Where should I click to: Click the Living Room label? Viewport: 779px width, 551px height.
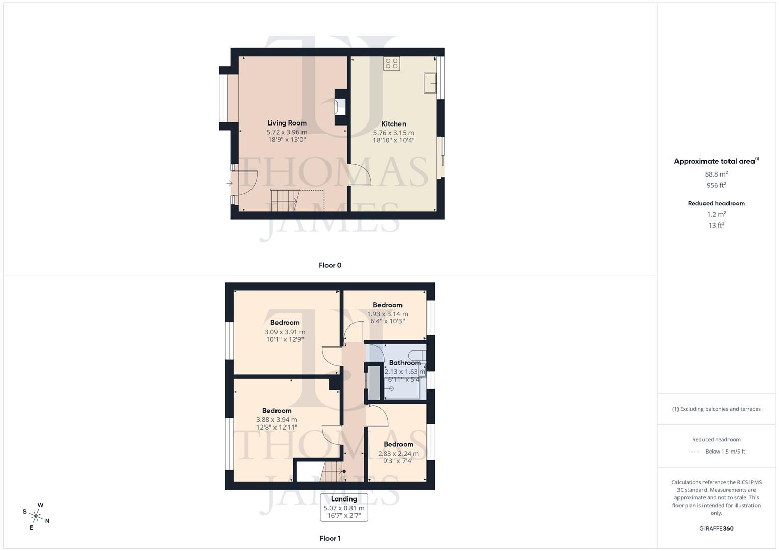(x=287, y=123)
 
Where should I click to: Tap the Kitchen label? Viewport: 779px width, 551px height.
(x=393, y=124)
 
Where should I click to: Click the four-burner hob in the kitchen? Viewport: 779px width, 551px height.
(x=392, y=63)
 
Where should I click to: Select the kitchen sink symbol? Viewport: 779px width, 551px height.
(x=430, y=83)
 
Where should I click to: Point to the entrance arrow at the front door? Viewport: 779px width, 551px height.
(x=229, y=183)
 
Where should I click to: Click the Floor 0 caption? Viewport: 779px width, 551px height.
(x=330, y=265)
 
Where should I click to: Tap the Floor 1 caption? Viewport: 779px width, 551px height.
(x=330, y=538)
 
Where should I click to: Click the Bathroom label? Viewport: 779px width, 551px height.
(x=405, y=363)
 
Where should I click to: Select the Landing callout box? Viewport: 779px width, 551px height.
(x=344, y=507)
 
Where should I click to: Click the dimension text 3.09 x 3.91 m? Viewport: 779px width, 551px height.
(x=285, y=332)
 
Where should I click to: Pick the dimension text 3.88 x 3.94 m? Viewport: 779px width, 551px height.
(x=277, y=420)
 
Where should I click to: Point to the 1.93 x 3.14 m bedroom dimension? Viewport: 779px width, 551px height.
(x=387, y=314)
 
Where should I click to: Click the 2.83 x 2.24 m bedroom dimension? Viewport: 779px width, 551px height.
(x=398, y=453)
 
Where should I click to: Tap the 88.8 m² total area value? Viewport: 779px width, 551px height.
(x=716, y=174)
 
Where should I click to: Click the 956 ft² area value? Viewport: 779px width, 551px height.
(x=716, y=185)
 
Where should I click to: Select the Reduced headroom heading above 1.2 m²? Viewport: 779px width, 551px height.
(x=716, y=203)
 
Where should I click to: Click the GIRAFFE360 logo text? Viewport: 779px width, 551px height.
(x=716, y=528)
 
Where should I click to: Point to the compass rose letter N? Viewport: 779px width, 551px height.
(x=47, y=521)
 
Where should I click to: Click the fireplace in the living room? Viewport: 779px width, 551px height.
(x=340, y=107)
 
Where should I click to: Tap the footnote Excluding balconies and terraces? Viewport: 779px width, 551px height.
(x=716, y=409)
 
